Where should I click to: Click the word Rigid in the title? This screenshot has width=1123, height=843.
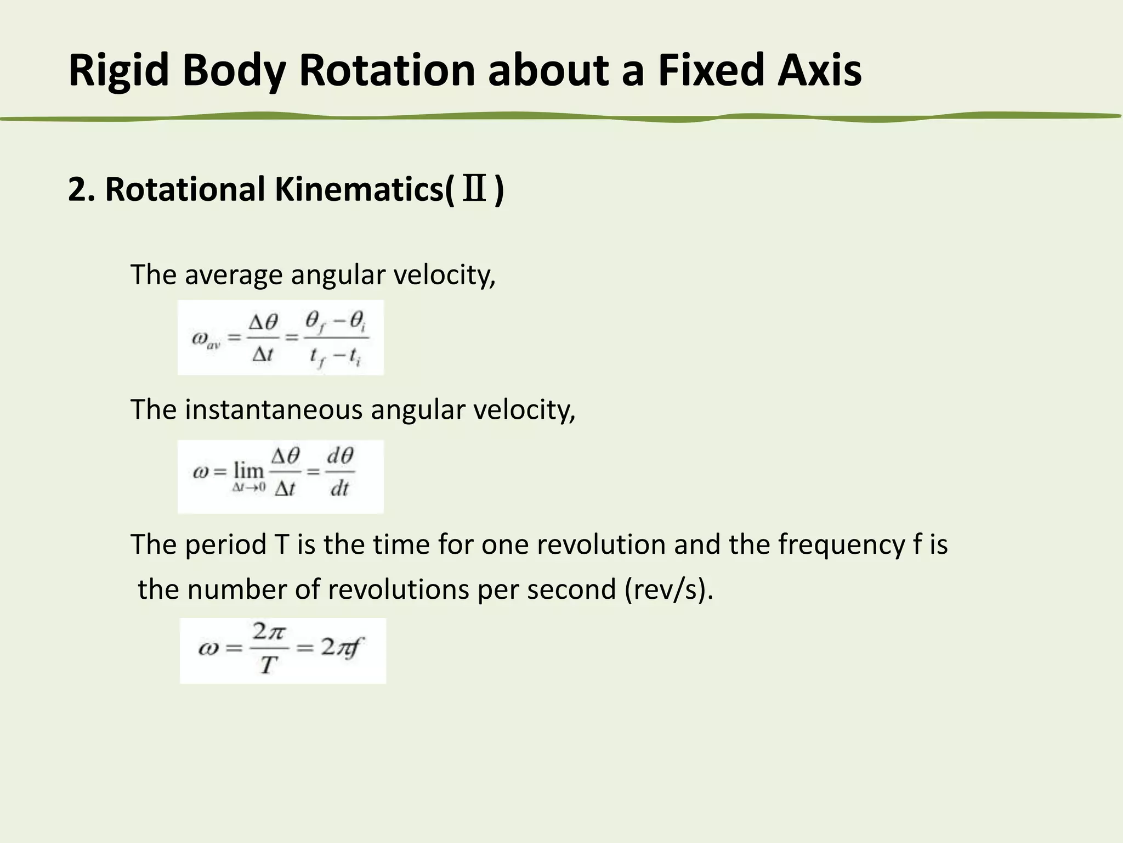[x=118, y=71]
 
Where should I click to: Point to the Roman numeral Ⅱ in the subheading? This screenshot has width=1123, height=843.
[x=475, y=189]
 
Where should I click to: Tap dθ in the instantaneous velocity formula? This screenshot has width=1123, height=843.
[x=340, y=456]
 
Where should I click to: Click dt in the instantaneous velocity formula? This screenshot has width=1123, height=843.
[x=339, y=488]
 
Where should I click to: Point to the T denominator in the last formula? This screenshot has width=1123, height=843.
[x=268, y=665]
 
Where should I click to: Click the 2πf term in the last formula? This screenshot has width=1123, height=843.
[x=342, y=648]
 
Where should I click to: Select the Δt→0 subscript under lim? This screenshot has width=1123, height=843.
[x=248, y=487]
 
